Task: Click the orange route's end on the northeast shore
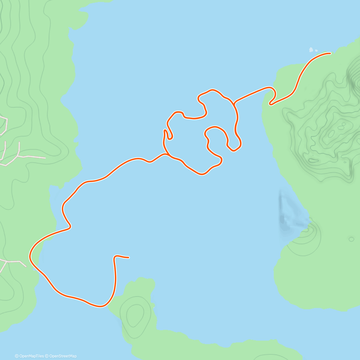click(330, 53)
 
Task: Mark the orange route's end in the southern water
click(128, 257)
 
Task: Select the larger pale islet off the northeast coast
click(311, 49)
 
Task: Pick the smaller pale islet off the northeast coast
click(316, 51)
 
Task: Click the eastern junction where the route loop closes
click(234, 103)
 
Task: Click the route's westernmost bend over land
click(30, 256)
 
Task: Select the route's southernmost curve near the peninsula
click(100, 306)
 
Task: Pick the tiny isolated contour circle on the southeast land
click(351, 239)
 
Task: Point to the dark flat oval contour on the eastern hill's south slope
click(313, 160)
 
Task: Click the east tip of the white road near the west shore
click(45, 157)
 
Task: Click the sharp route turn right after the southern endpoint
click(115, 256)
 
